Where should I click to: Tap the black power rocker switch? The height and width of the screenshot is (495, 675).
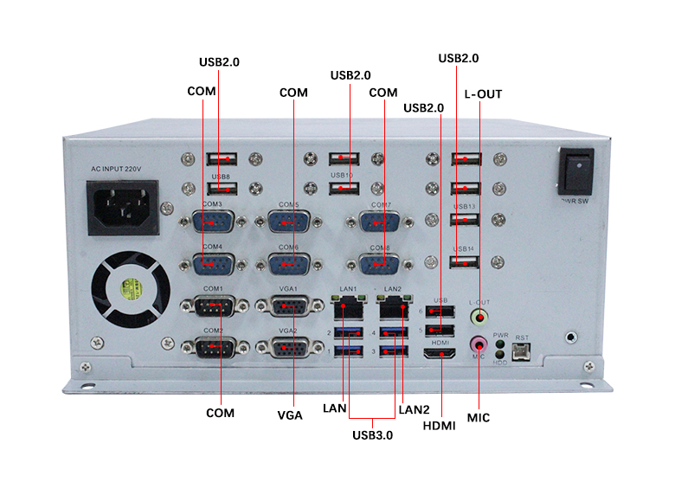pyautogui.click(x=575, y=171)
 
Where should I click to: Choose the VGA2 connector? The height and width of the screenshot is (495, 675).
pyautogui.click(x=289, y=347)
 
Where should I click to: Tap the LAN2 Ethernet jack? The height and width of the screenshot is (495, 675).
pyautogui.click(x=394, y=305)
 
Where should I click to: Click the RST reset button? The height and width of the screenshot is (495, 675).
pyautogui.click(x=522, y=350)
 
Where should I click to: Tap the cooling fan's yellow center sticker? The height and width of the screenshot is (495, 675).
pyautogui.click(x=131, y=287)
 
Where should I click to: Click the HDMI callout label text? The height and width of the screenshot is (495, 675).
pyautogui.click(x=440, y=426)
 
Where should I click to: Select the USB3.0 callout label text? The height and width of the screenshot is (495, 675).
pyautogui.click(x=372, y=435)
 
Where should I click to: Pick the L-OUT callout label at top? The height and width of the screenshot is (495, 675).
pyautogui.click(x=483, y=93)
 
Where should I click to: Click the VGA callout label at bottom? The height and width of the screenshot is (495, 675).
pyautogui.click(x=290, y=415)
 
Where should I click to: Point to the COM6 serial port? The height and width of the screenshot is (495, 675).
pyautogui.click(x=289, y=263)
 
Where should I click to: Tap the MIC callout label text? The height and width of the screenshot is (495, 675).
pyautogui.click(x=479, y=418)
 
